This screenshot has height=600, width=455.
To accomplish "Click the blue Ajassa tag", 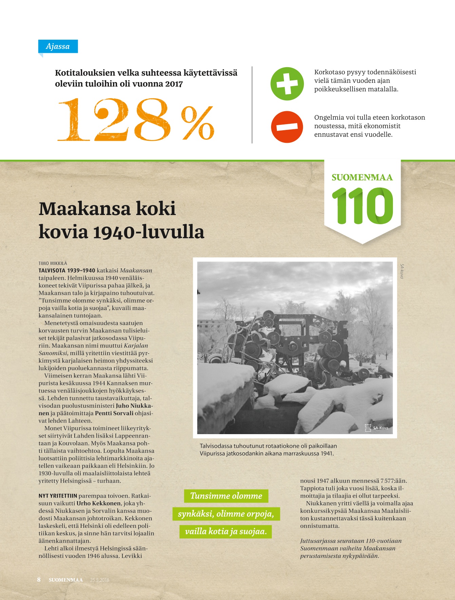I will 58,46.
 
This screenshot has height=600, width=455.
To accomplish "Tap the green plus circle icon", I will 287,84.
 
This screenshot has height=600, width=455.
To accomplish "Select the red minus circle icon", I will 287,127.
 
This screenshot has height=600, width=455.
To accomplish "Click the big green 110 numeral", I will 362,206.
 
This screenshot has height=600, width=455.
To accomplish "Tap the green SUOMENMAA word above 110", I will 362,177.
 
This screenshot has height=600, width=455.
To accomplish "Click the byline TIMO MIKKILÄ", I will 53,263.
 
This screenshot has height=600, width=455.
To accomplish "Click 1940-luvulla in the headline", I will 148,232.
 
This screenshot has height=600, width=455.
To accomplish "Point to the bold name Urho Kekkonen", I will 98,503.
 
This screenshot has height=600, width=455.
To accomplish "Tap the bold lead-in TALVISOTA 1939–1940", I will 67,271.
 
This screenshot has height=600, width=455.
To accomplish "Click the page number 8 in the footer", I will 39,580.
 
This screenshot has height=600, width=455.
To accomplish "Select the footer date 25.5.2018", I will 99,580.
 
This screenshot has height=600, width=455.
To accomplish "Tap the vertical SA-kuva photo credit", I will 402,271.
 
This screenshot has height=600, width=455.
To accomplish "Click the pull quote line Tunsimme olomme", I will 226,496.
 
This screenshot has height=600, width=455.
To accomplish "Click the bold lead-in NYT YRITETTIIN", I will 58,496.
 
